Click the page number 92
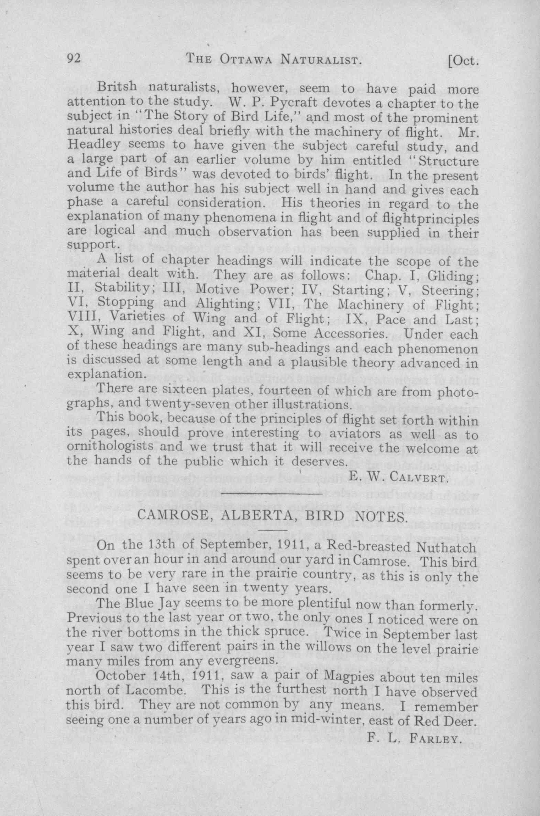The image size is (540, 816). [74, 59]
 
